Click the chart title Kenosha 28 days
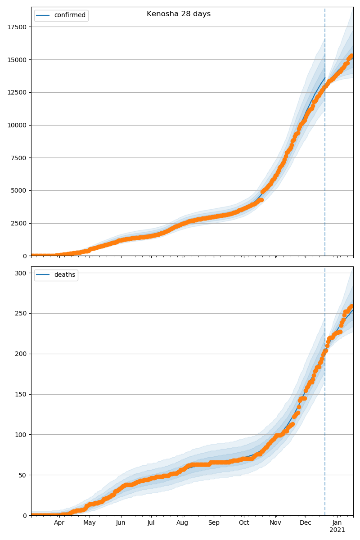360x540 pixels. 179,14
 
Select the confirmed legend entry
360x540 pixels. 70,15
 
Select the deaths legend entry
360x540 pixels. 65,275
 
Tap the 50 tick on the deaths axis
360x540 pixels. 23,475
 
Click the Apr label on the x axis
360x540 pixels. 59,523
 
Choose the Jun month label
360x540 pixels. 121,523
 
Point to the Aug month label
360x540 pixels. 183,523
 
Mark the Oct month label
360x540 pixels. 244,523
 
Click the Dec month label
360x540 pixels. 306,523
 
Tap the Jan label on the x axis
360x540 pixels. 337,523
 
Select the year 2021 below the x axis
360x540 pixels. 337,530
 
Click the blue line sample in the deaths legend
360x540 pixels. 44,275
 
